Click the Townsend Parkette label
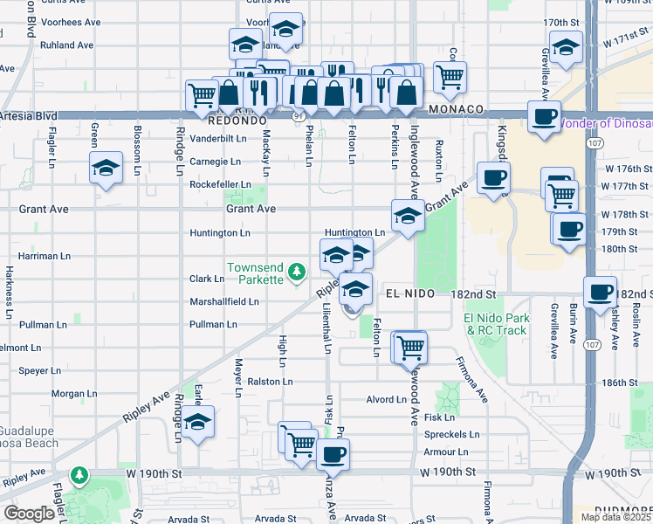tap(255, 273)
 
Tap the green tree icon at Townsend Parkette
tap(297, 272)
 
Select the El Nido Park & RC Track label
tap(496, 324)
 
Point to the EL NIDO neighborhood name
tap(404, 296)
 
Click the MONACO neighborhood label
tap(456, 109)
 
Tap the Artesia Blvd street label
tap(29, 115)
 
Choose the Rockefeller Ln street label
tap(220, 185)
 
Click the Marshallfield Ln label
tap(224, 302)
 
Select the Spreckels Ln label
tap(451, 434)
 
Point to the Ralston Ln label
tap(269, 382)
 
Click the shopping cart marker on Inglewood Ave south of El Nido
tap(409, 347)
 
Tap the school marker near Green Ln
tap(106, 168)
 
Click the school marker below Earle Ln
tap(199, 422)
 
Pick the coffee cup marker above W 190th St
tap(332, 454)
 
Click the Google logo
tap(29, 514)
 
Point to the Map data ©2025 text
tap(617, 517)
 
